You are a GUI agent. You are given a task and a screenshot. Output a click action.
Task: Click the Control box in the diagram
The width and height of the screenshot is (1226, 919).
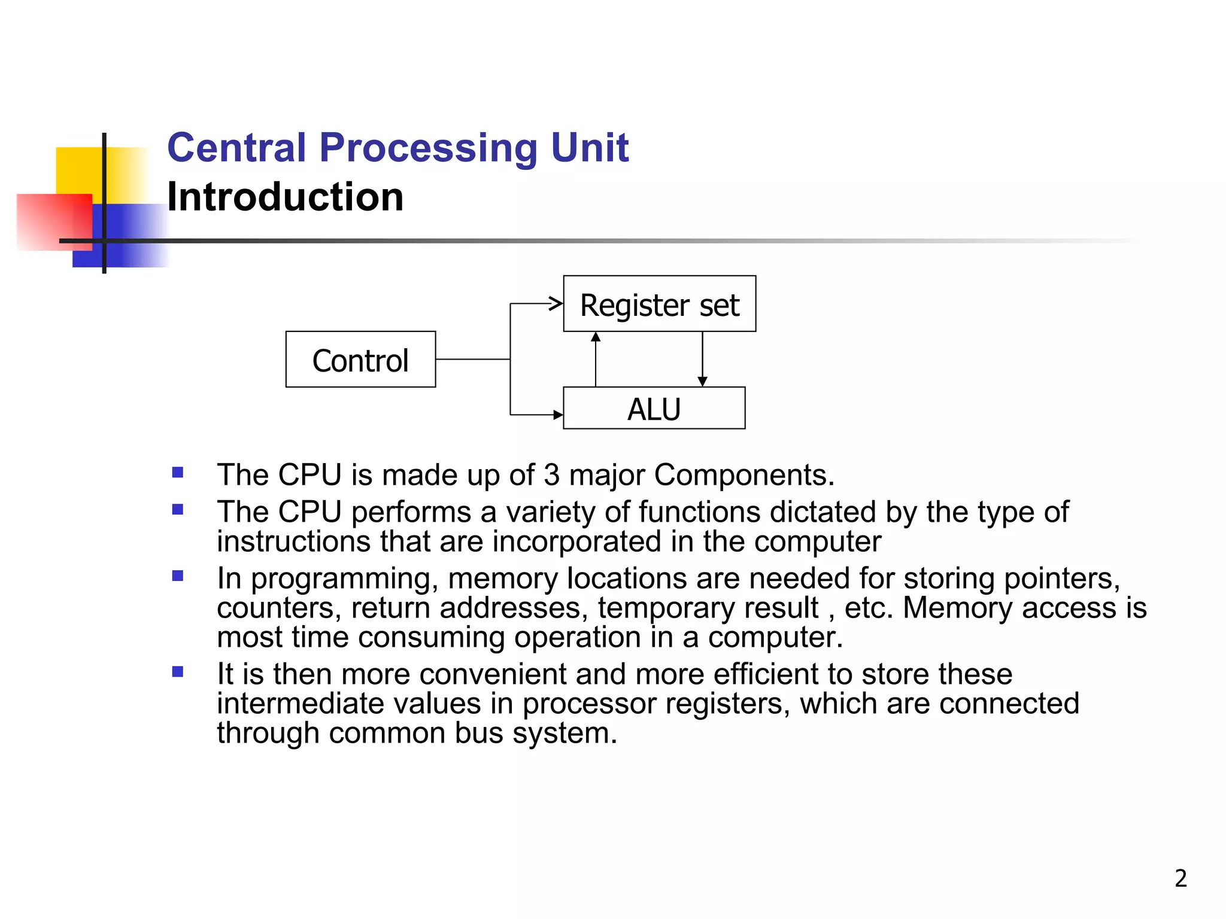[x=360, y=360]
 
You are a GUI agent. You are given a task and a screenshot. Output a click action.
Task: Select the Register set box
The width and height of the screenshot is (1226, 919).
[x=659, y=304]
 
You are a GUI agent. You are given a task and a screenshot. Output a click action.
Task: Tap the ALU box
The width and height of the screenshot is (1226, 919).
[x=654, y=409]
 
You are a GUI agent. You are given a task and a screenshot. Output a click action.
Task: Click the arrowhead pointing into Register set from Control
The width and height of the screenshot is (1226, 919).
[x=556, y=304]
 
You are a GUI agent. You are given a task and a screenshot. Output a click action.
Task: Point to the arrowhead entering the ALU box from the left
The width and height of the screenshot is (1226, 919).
[x=558, y=415]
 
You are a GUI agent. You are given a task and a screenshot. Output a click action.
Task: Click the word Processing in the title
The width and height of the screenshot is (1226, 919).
[x=428, y=148]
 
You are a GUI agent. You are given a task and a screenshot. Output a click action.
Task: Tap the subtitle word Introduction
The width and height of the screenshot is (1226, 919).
[x=285, y=197]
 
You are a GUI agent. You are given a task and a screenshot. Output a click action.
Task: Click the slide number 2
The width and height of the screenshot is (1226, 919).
[x=1181, y=878]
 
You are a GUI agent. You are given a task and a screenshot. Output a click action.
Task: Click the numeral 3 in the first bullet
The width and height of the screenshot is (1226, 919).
[x=551, y=475]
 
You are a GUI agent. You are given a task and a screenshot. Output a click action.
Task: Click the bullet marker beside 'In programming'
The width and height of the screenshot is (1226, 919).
[x=177, y=576]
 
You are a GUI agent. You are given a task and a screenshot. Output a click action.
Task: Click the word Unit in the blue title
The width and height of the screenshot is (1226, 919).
[x=589, y=148]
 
